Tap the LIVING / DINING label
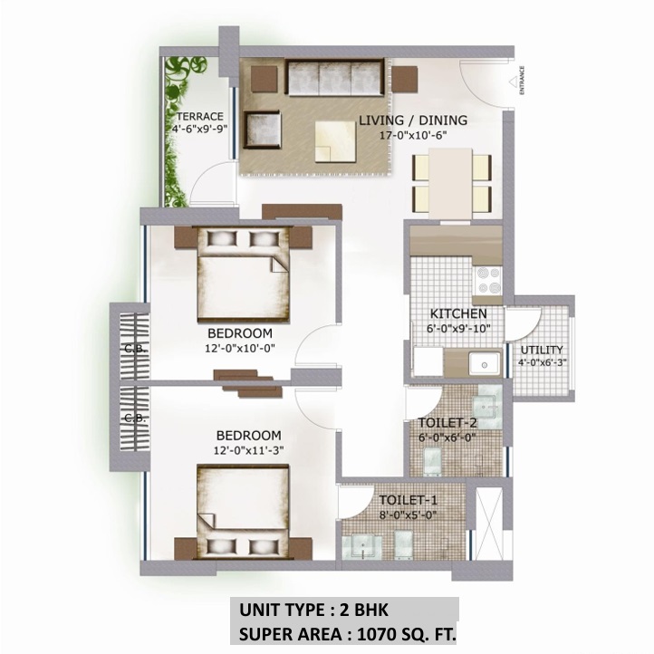point(412,120)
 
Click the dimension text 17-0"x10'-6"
point(412,135)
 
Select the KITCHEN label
point(457,313)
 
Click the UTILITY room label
point(542,350)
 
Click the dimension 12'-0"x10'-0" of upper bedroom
point(239,345)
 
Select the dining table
point(451,180)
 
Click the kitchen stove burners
point(489,276)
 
